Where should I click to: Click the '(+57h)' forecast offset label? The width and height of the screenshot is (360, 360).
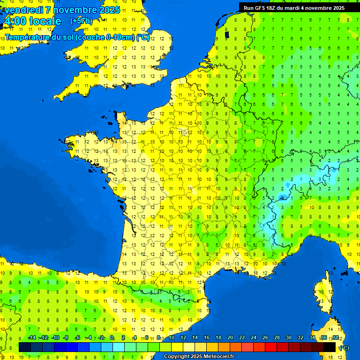point(81,21)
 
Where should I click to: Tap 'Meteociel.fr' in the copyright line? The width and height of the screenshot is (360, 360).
point(219,356)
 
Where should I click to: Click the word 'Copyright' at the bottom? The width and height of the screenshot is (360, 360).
point(177,356)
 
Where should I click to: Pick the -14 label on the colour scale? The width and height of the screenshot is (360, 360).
point(32,338)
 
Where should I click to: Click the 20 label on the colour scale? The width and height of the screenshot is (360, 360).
point(230,338)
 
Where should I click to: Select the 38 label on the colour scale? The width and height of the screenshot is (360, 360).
point(335,338)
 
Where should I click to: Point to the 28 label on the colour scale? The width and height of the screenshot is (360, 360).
point(277,338)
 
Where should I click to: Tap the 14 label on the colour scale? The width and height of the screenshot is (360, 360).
point(195,338)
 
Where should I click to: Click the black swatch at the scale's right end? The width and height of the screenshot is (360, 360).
point(330,347)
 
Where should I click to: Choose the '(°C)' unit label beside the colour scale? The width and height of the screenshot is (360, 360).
point(344,347)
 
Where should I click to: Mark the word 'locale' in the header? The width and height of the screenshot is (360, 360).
point(45,21)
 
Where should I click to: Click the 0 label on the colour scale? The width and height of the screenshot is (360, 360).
point(112,338)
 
